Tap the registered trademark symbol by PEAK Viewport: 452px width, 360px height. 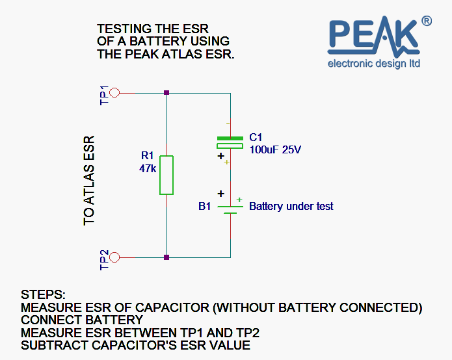click(x=427, y=21)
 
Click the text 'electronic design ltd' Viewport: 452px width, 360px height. click(x=374, y=63)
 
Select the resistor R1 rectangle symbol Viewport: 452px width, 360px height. click(x=167, y=175)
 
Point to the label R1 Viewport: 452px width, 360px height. click(x=148, y=156)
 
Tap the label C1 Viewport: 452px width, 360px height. click(x=256, y=138)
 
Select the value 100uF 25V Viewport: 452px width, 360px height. click(x=276, y=149)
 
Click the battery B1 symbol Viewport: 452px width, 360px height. click(x=231, y=209)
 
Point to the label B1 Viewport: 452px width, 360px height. click(x=205, y=207)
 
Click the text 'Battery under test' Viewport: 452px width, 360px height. click(x=291, y=206)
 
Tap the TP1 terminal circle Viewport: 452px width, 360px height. click(x=114, y=93)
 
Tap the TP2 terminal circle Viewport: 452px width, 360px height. click(x=114, y=257)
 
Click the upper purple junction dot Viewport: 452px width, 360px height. click(x=167, y=93)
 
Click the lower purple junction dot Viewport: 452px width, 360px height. click(x=167, y=257)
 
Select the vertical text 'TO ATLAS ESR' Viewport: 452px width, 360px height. click(x=90, y=181)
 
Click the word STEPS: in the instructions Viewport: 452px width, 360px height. click(x=43, y=294)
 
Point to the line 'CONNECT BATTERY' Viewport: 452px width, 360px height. click(x=82, y=320)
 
